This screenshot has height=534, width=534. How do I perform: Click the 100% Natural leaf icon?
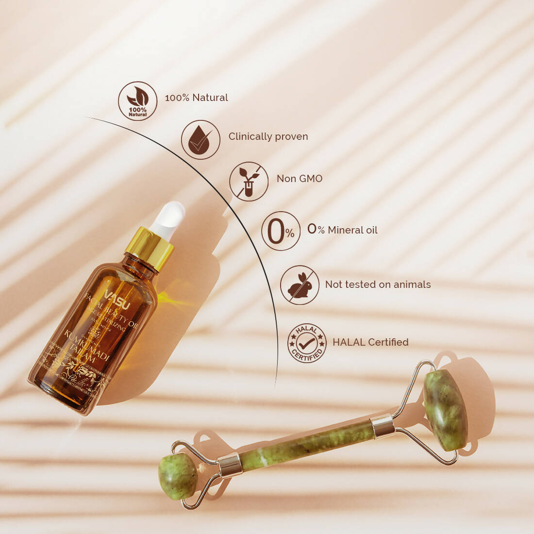coord(138,101)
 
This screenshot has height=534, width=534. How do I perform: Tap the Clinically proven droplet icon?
coord(200,140)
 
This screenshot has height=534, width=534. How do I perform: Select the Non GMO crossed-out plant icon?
coord(249,182)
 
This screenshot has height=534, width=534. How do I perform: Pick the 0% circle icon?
coord(281,231)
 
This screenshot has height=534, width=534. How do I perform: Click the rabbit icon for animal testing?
coord(300,285)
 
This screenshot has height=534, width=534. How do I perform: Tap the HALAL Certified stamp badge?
coord(307,343)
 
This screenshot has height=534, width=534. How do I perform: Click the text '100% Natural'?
coord(196,98)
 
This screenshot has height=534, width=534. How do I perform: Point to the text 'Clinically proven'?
coord(268,136)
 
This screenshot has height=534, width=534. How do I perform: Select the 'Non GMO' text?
coord(300,179)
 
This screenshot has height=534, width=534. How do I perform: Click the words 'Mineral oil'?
coord(352,230)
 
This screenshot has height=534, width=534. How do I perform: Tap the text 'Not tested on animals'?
coord(378,284)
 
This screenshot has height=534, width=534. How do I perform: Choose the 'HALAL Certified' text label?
coord(370,342)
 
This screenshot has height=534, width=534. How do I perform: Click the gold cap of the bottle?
coord(149,249)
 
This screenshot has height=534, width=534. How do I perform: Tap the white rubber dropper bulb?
coord(168,220)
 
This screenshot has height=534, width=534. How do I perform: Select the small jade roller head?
coord(178,477)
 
